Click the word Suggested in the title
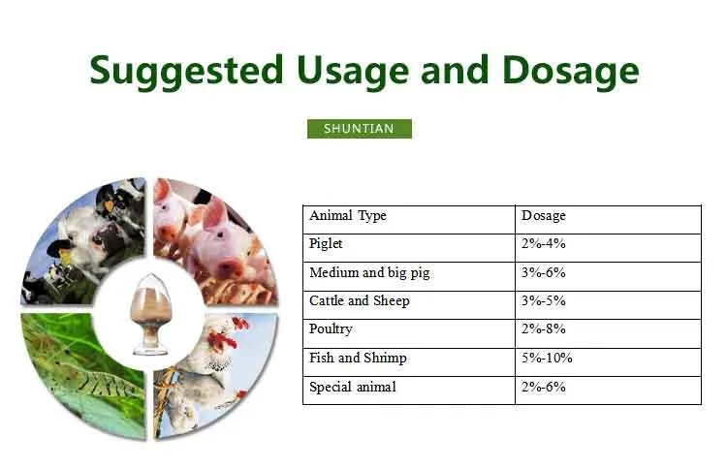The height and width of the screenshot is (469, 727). [186, 71]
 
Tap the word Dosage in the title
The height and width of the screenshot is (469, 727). [571, 71]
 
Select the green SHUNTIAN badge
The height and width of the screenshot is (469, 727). [360, 128]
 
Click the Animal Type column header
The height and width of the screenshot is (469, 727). [348, 216]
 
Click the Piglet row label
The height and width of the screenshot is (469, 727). [326, 244]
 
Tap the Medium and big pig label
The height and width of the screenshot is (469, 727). [369, 272]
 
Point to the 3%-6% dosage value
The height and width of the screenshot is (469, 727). [544, 272]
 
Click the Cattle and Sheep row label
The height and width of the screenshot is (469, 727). [360, 300]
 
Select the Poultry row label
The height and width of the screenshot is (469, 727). [331, 329]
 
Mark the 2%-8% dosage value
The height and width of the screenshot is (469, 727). [544, 329]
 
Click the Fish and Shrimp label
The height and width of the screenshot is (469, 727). [358, 358]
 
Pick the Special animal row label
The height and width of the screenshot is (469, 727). [353, 387]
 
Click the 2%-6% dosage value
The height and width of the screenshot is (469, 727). [544, 387]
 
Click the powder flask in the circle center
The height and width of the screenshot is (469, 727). [150, 314]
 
